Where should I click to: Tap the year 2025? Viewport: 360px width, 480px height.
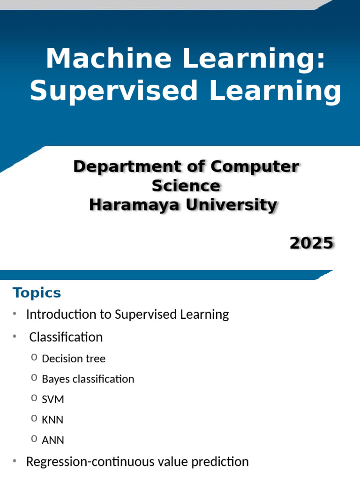click(x=311, y=243)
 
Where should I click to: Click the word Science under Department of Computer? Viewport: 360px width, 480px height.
click(x=186, y=186)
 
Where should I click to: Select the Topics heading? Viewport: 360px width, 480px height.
click(x=37, y=293)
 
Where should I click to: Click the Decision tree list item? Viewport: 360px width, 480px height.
click(x=74, y=359)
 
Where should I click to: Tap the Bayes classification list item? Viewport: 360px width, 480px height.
click(x=88, y=379)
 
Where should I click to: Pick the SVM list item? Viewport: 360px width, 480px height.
click(x=53, y=399)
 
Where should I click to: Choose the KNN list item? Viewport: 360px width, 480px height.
click(x=52, y=420)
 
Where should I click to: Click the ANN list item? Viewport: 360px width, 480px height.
click(x=53, y=440)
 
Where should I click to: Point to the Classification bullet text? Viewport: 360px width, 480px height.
click(x=66, y=337)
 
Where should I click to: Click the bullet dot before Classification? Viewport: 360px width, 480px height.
click(x=15, y=337)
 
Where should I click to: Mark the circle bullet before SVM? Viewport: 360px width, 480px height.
click(x=34, y=398)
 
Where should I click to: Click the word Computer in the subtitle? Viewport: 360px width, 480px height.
click(x=255, y=167)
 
